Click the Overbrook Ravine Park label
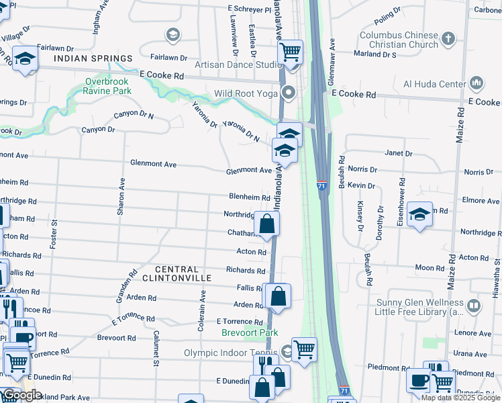107,85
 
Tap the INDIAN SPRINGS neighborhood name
93,59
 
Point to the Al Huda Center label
434,84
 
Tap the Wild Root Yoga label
245,93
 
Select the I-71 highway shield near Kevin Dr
322,185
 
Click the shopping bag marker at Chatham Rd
266,224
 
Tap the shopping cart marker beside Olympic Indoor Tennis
304,349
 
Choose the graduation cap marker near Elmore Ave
420,214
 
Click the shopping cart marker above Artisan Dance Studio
290,51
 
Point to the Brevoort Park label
250,332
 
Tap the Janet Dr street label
399,153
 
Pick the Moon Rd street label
430,268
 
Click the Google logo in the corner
21,395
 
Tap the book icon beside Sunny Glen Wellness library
474,307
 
